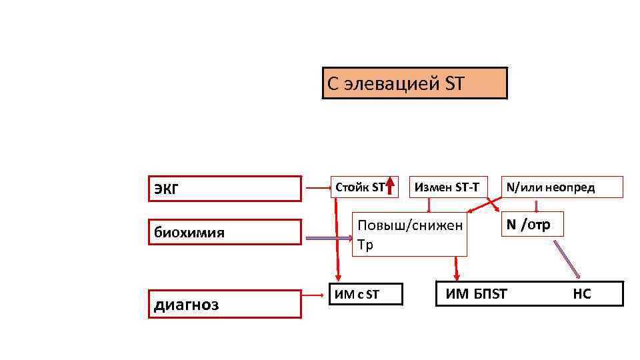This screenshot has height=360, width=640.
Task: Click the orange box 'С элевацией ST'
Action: pyautogui.click(x=414, y=83)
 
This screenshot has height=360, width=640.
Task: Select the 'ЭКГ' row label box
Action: pyautogui.click(x=224, y=189)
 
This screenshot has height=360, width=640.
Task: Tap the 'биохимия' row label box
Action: pyautogui.click(x=224, y=233)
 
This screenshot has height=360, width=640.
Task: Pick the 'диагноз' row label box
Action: pyautogui.click(x=224, y=304)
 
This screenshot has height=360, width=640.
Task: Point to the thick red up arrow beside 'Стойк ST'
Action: pyautogui.click(x=391, y=186)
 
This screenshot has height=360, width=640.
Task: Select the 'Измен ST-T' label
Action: pyautogui.click(x=446, y=187)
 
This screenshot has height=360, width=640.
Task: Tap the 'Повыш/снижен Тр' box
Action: pyautogui.click(x=409, y=235)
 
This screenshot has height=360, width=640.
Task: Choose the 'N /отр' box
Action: pyautogui.click(x=531, y=225)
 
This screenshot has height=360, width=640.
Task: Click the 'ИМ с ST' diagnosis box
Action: pyautogui.click(x=366, y=293)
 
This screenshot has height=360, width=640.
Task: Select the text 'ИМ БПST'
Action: pyautogui.click(x=476, y=293)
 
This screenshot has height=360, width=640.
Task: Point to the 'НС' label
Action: pyautogui.click(x=581, y=293)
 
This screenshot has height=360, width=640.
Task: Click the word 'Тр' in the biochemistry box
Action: pyautogui.click(x=365, y=245)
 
